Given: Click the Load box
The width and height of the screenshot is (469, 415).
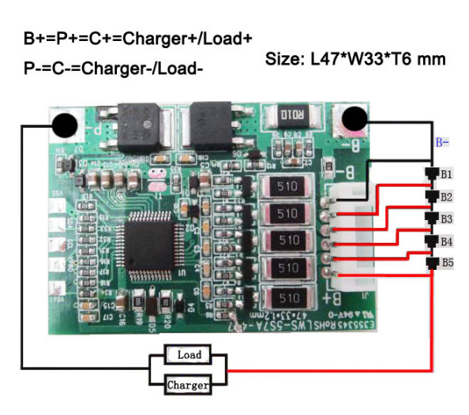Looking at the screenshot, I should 189,355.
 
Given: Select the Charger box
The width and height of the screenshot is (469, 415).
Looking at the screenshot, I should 189,385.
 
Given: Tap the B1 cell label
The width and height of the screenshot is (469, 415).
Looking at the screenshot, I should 447,174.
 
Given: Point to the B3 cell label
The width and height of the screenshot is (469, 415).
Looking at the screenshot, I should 447,219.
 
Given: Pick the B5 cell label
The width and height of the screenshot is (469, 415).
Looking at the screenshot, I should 447,263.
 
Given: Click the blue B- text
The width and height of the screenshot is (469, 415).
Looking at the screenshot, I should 443,143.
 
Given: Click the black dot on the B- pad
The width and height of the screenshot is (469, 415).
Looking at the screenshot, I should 355,120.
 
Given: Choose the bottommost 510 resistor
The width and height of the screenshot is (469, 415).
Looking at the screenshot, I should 288,297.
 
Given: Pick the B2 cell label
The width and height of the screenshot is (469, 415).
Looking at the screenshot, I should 447,196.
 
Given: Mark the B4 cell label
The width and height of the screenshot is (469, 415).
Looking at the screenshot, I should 447,241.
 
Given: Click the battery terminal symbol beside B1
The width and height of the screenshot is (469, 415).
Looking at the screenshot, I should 431,174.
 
